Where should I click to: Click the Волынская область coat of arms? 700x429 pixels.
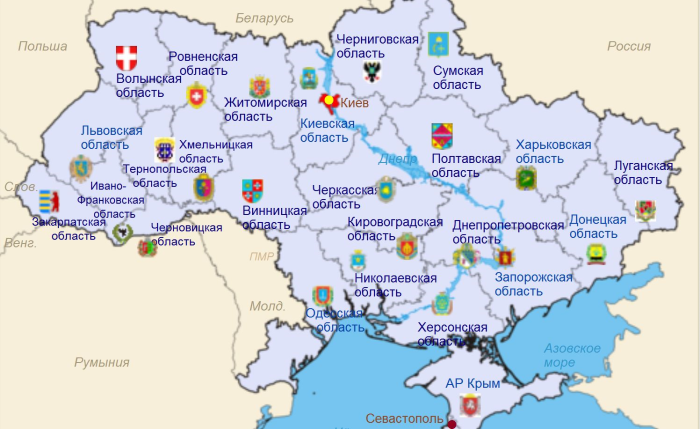(128, 57)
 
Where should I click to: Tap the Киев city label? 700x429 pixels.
(355, 103)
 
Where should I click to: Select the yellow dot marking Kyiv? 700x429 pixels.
(329, 100)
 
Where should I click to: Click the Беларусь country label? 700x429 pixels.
(265, 19)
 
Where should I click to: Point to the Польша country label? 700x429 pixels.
(43, 46)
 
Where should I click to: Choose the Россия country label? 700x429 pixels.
(629, 46)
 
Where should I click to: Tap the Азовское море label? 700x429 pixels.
(572, 355)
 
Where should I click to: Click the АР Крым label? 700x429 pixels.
(472, 383)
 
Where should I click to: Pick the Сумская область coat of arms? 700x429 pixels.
(439, 43)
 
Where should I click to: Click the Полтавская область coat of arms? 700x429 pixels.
(441, 136)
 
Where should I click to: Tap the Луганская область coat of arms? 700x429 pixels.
(646, 210)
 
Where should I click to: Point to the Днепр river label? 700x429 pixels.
(397, 159)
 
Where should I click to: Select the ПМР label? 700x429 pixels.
(262, 256)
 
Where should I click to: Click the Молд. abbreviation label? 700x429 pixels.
(267, 306)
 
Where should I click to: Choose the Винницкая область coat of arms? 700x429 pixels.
(253, 189)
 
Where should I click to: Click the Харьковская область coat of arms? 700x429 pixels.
(526, 179)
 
